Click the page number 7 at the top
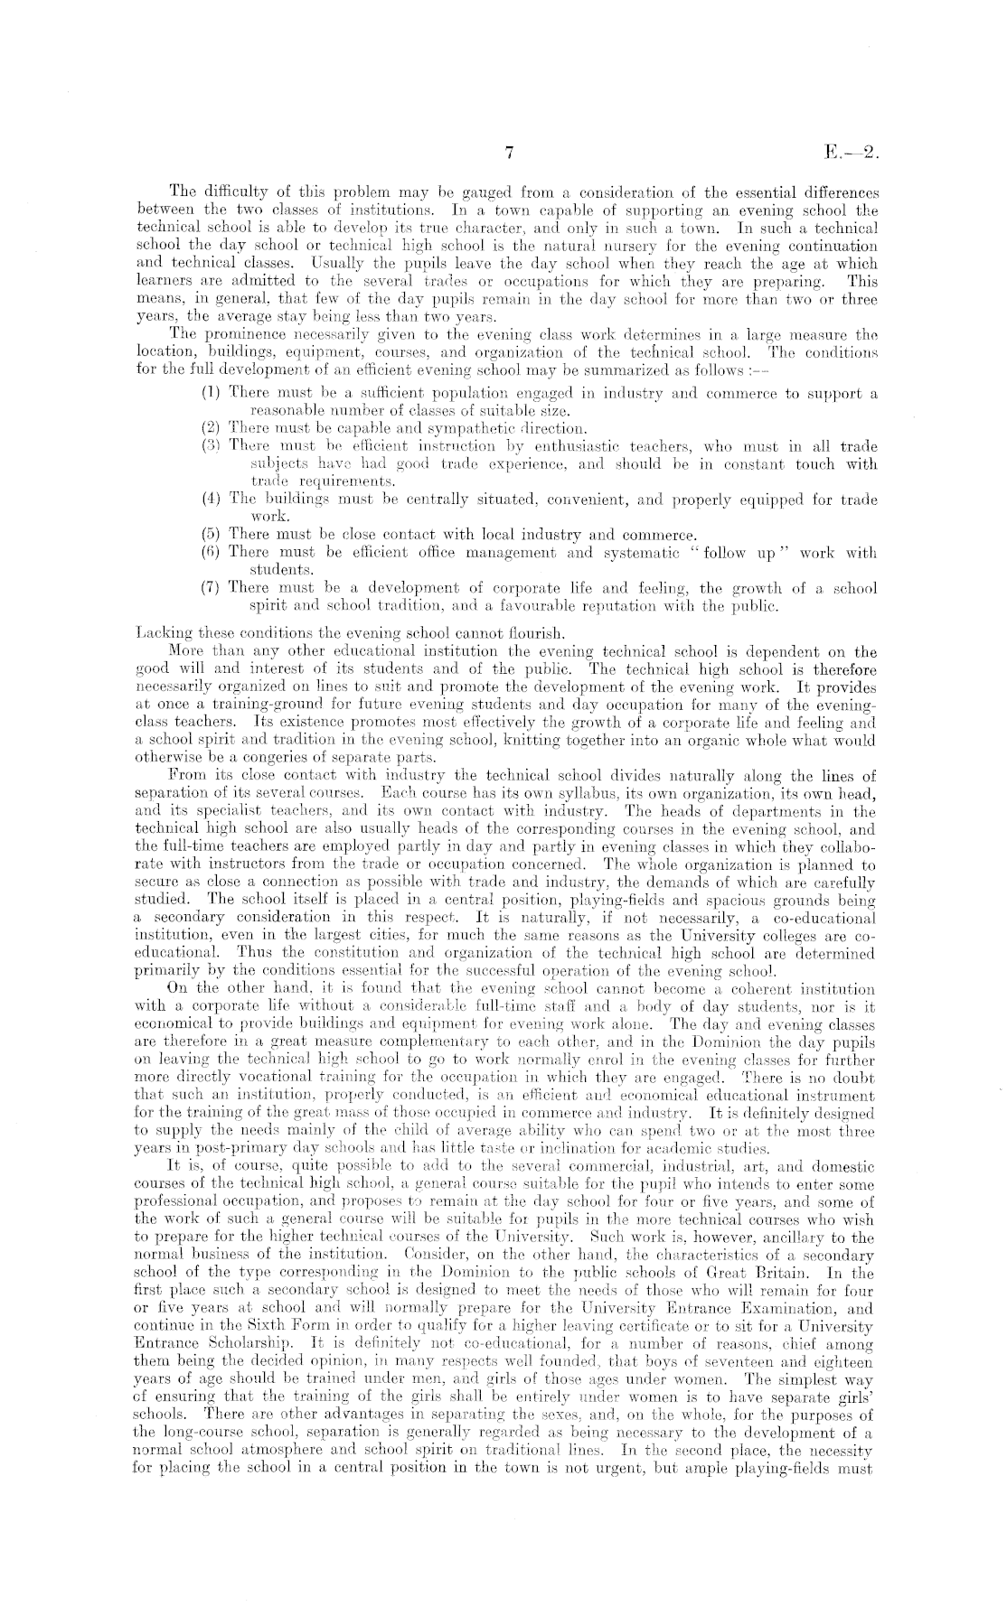(x=509, y=154)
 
